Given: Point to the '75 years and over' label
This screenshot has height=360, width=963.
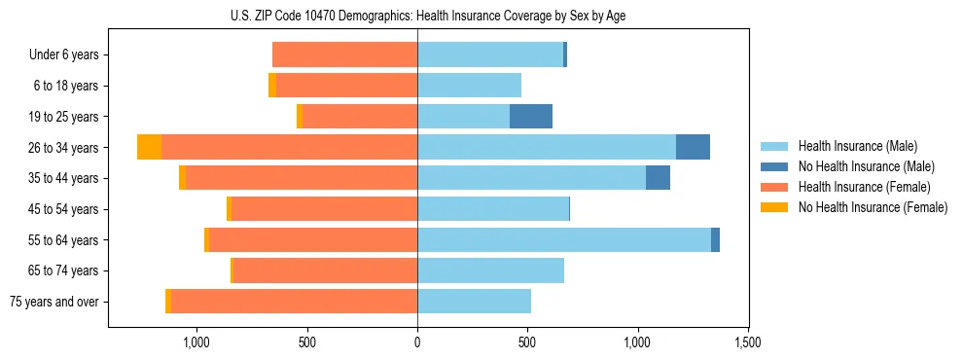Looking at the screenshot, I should point(54,302).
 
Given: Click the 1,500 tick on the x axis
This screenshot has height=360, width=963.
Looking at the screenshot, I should point(747,342).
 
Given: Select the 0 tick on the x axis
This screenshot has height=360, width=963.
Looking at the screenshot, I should point(417,342).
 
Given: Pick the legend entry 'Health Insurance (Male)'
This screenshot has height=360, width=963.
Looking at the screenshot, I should point(857,146).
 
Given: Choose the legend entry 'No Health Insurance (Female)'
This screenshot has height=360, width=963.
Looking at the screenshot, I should point(873,207).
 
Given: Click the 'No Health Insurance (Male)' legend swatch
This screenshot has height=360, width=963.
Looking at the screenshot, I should point(776,166).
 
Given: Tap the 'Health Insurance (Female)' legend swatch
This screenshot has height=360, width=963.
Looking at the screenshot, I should point(776,187).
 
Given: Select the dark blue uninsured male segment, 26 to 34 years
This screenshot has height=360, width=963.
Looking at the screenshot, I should point(693,147).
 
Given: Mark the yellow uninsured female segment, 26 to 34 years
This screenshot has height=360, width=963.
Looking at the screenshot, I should point(149,147).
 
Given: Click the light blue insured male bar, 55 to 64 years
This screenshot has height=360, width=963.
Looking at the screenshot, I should point(564,239).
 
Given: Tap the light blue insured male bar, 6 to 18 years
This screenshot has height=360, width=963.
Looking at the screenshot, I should point(469,86).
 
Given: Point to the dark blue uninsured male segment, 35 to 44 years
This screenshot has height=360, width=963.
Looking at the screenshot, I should point(658,178).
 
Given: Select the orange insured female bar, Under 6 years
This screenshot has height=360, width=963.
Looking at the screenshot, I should point(344,54).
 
